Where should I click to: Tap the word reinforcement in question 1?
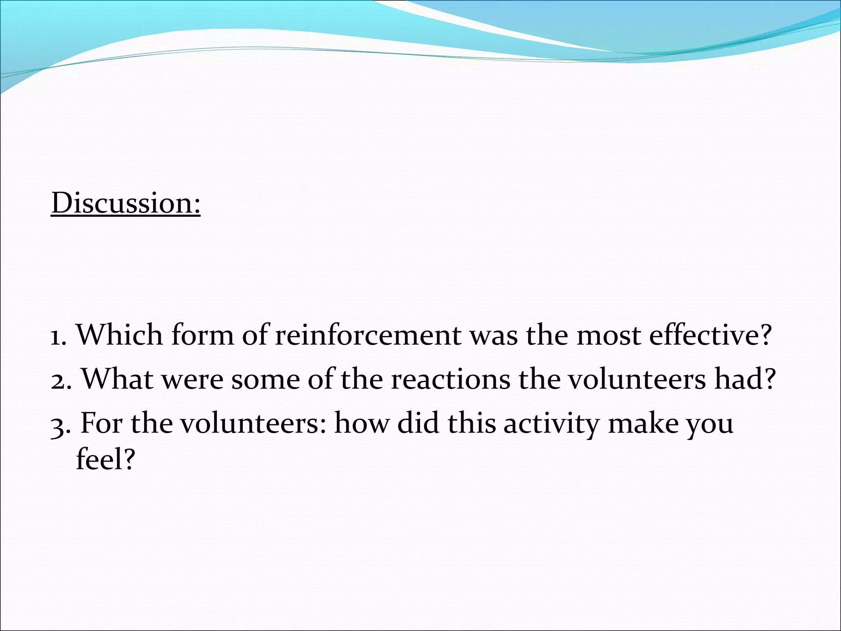coord(368,335)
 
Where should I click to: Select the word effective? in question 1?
coord(710,335)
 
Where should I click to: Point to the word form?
coord(202,335)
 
